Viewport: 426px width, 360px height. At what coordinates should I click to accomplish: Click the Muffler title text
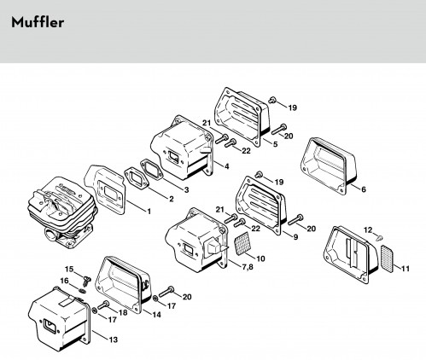tap(38, 22)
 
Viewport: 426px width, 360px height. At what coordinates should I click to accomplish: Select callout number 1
tap(149, 212)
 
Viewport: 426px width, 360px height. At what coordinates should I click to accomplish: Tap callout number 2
tap(172, 199)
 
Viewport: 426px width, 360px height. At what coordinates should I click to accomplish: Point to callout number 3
tap(186, 189)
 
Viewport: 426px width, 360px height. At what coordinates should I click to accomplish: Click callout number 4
tap(226, 166)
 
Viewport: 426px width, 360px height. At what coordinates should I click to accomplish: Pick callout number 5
tap(275, 144)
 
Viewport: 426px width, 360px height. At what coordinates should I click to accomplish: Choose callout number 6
tap(364, 189)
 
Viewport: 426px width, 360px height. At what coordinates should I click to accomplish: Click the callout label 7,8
tap(247, 267)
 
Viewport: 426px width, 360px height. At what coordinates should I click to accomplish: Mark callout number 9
tap(295, 236)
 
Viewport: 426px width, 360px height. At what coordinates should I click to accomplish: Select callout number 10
tap(260, 258)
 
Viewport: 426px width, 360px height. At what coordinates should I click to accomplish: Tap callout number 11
tap(406, 268)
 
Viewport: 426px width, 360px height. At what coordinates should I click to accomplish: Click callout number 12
tap(368, 229)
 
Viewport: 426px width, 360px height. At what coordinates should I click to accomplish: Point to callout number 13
tap(114, 340)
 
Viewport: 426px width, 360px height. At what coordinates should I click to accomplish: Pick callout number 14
tap(156, 315)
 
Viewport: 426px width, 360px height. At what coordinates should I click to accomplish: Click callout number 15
tap(69, 269)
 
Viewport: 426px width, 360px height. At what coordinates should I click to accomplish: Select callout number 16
tap(64, 281)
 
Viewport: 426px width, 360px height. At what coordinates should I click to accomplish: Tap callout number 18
tap(123, 312)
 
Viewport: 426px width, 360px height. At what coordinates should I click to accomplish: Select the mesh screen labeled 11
tap(388, 258)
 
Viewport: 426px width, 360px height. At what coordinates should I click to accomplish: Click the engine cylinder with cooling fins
tap(61, 211)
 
